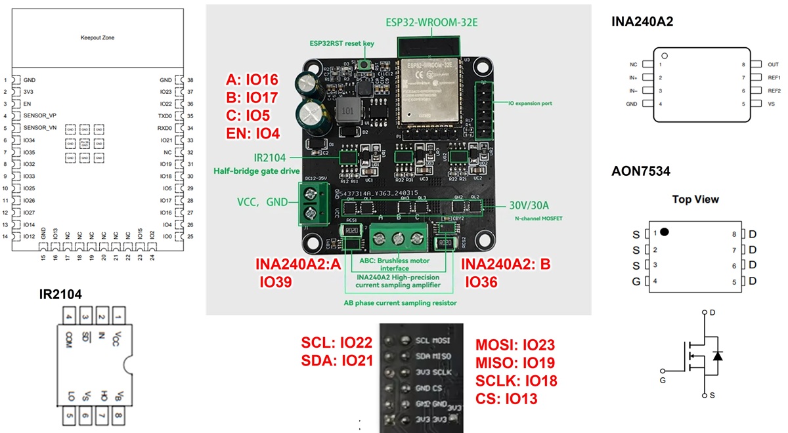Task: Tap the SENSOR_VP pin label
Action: (x=39, y=115)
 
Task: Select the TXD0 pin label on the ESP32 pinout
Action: (x=165, y=115)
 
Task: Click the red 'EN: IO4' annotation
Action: (x=253, y=134)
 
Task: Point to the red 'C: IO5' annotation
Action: (x=250, y=116)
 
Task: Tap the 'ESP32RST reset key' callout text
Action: (x=341, y=43)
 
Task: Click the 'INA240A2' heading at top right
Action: (x=642, y=22)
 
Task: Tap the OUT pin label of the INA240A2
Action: (x=754, y=65)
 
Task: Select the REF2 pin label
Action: (x=756, y=91)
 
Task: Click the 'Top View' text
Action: (x=695, y=199)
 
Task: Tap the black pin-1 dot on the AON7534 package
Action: (x=665, y=232)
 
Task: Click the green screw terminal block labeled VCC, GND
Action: (x=313, y=202)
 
